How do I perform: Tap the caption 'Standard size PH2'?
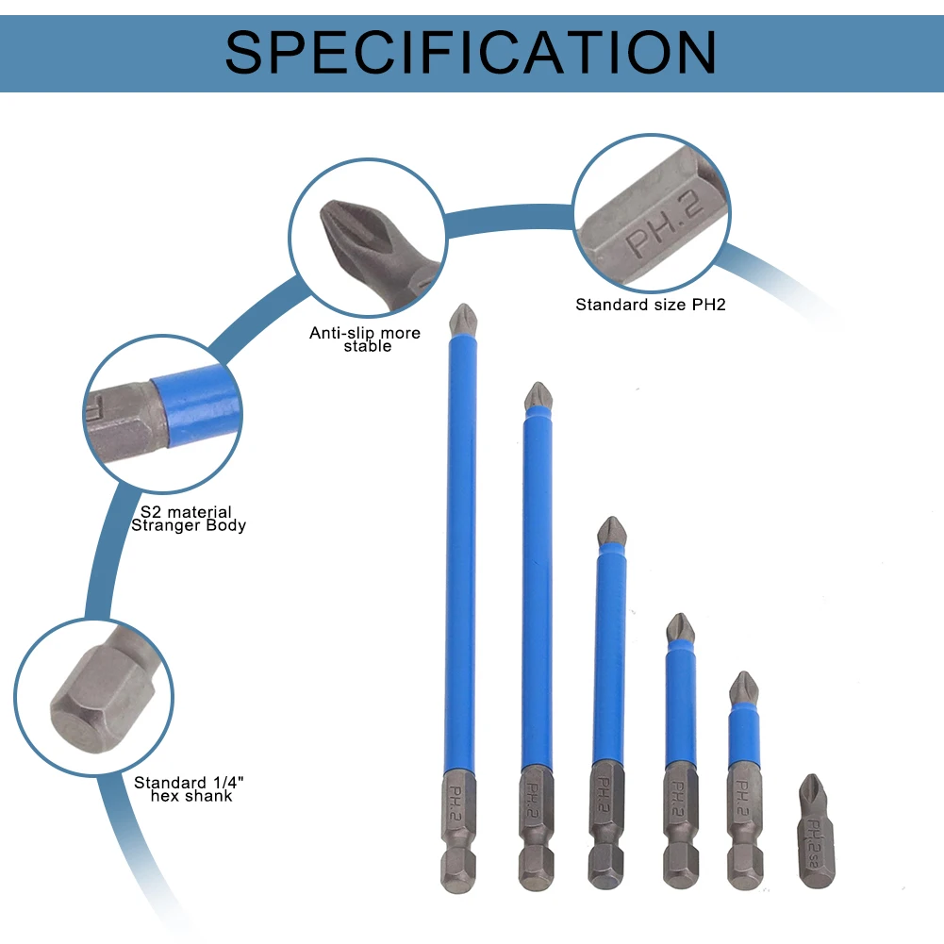tap(651, 305)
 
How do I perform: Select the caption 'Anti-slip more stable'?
tap(365, 340)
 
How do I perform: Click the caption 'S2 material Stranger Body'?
tap(189, 519)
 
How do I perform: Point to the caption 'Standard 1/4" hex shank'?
tap(183, 789)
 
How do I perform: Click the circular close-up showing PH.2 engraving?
tap(651, 212)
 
